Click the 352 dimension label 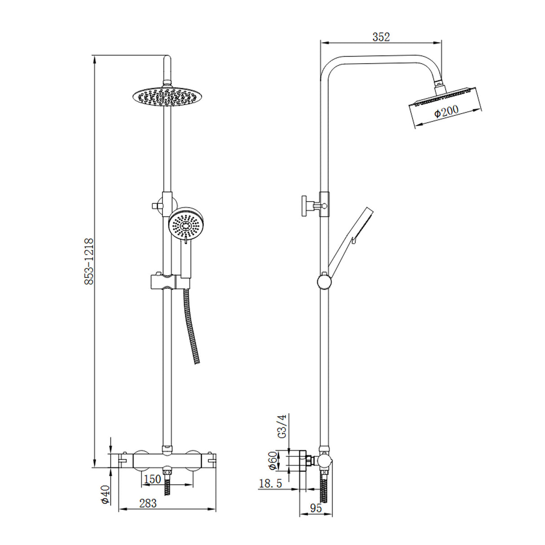click(x=381, y=37)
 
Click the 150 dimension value click(x=152, y=479)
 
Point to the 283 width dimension click(x=148, y=503)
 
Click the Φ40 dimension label click(x=105, y=494)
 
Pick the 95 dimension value click(x=316, y=508)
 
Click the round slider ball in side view click(x=324, y=281)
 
